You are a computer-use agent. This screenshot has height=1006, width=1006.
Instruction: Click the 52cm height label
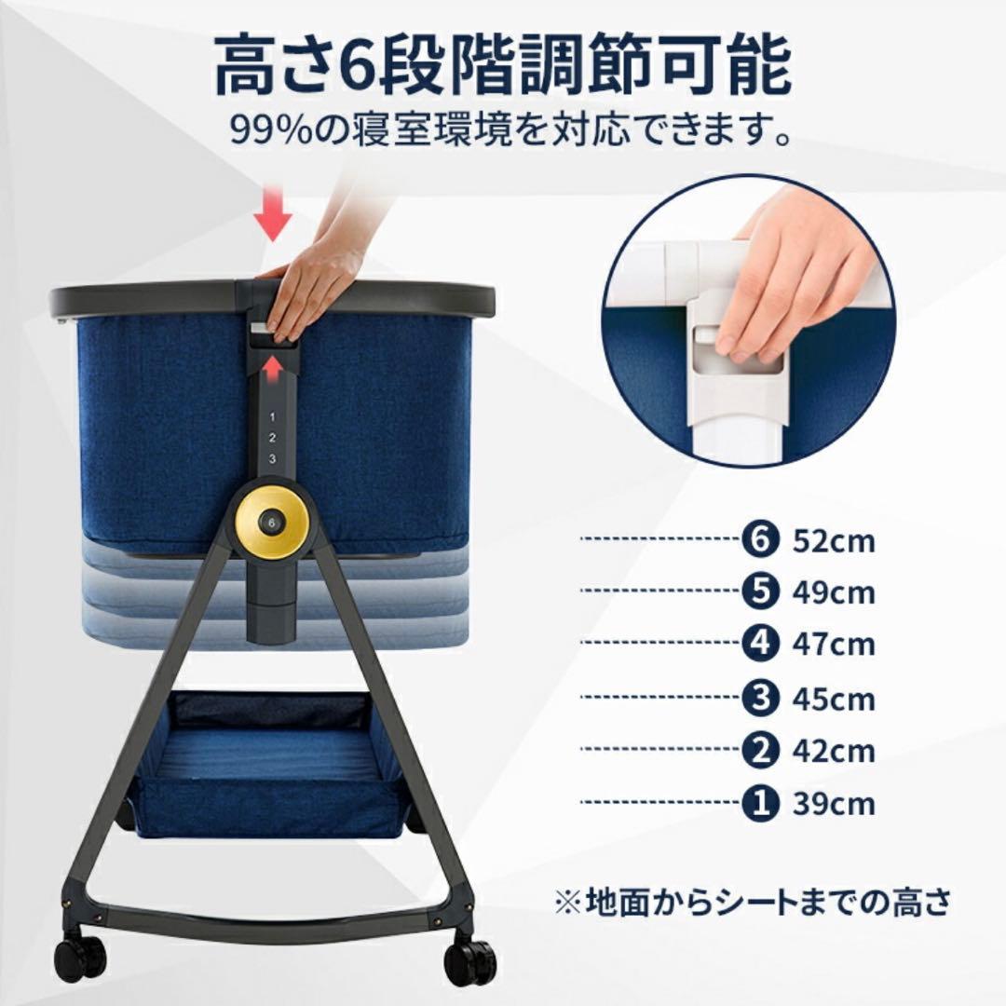click(834, 541)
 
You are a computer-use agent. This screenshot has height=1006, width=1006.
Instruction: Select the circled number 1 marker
click(760, 802)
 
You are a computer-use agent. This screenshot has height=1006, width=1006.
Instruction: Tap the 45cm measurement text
click(834, 698)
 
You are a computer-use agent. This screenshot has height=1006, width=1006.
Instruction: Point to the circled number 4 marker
click(760, 644)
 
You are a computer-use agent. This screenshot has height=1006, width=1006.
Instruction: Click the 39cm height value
click(834, 803)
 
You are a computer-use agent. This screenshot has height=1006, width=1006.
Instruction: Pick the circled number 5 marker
click(760, 591)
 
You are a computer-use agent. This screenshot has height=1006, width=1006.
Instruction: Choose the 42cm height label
click(834, 750)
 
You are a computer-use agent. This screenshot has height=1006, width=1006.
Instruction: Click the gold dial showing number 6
click(272, 523)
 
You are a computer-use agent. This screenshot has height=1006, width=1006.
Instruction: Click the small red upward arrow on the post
click(272, 367)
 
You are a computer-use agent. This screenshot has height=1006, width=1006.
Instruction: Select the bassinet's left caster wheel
click(80, 957)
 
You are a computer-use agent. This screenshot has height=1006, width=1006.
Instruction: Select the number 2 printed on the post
click(272, 438)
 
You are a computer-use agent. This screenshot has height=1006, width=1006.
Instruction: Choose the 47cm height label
click(834, 645)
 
